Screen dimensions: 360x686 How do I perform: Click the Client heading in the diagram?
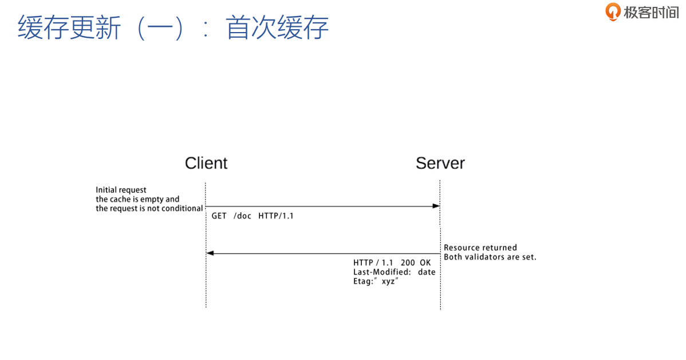[x=206, y=163]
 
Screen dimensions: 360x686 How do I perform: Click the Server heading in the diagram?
[x=440, y=163]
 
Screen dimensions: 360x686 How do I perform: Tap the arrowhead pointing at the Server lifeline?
[x=436, y=206]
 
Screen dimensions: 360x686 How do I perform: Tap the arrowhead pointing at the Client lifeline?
[x=210, y=253]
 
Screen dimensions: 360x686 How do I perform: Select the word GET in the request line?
[x=219, y=216]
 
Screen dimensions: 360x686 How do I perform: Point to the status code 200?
[x=408, y=263]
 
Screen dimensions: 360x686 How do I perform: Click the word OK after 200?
[x=425, y=263]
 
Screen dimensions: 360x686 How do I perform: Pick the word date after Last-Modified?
[x=427, y=272]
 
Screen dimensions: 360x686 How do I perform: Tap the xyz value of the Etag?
[x=388, y=282]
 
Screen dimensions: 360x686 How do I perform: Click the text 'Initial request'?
[x=121, y=190]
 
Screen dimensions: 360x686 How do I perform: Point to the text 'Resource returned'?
[x=480, y=247]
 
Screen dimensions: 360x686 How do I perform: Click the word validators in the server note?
[x=483, y=256]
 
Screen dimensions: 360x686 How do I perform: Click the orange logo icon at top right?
[x=613, y=11]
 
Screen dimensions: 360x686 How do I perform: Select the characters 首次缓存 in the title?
[x=277, y=27]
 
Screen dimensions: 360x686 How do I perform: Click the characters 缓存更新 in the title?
[x=69, y=27]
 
